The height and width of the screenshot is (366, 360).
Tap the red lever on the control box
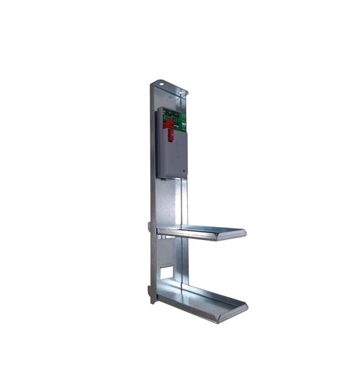pos(168,127)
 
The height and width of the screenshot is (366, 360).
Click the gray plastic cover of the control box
pos(172,155)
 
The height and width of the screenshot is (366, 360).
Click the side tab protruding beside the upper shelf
pos(149,226)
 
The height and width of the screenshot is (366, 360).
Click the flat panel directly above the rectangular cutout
pos(166,251)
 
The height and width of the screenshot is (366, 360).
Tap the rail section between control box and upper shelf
pos(181,200)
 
